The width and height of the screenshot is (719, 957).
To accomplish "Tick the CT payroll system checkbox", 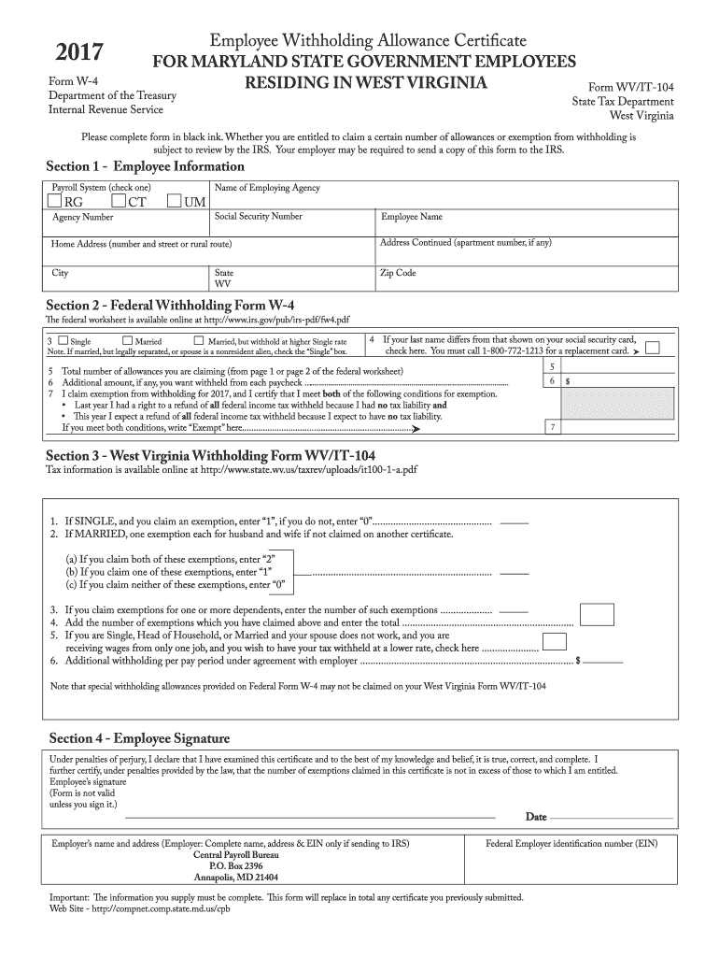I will (x=118, y=201).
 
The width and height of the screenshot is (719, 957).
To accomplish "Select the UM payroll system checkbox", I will (x=175, y=201).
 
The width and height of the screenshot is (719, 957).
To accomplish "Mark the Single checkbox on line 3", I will (x=63, y=341).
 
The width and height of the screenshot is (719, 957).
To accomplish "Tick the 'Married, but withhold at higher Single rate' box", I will (x=198, y=341).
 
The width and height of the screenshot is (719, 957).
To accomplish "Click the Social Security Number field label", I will (x=258, y=217).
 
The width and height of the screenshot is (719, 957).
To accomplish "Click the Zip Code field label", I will (x=397, y=273).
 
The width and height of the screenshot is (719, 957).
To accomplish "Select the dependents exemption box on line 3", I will (x=598, y=613).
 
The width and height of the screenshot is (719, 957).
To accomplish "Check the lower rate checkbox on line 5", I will (x=555, y=642).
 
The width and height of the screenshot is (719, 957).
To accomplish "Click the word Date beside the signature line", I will (x=535, y=817).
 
